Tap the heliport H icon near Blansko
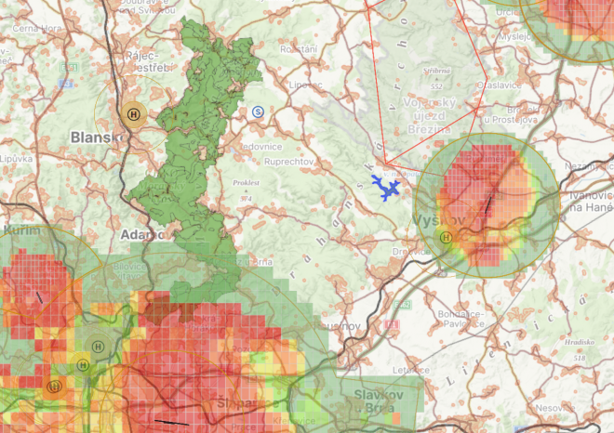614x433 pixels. pos(136,113)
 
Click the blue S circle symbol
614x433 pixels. pos(258,112)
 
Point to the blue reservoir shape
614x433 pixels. pos(385,188)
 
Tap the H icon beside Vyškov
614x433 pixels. pos(446,237)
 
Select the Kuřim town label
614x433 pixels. pos(20,228)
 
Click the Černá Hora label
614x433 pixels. pos(36,27)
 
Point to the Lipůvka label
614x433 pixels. pos(15,159)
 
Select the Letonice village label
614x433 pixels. pos(409,369)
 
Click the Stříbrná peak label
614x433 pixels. pos(436,70)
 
